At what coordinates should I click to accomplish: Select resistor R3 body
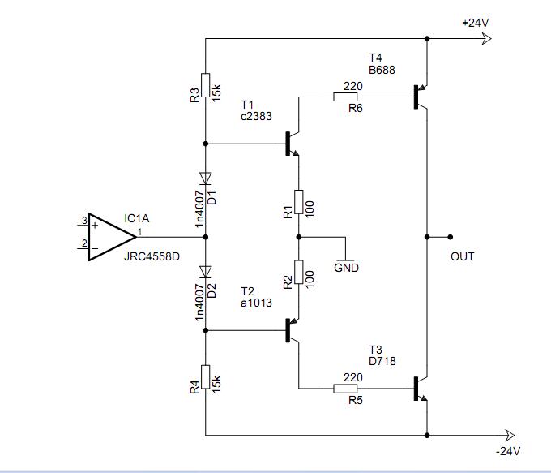tap(206, 85)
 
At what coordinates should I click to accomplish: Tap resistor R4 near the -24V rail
tap(206, 377)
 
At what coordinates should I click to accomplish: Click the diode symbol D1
tap(206, 178)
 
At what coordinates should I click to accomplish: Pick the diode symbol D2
tap(206, 272)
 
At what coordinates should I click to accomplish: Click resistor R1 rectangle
tap(299, 202)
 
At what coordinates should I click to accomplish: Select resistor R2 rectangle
tap(299, 272)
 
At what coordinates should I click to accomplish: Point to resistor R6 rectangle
tap(345, 97)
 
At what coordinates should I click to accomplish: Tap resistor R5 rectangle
tap(345, 389)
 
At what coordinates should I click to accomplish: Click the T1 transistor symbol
tap(292, 144)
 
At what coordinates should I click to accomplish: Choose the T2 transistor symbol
tap(292, 330)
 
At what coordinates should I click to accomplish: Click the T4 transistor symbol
tap(421, 97)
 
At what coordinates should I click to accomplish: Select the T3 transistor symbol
tap(421, 389)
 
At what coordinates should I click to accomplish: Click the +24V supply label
tap(475, 23)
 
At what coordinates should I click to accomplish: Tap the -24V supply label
tap(508, 451)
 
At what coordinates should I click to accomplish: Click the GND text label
tap(346, 268)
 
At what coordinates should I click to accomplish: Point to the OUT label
tap(462, 256)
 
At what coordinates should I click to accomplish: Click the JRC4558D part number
tap(152, 256)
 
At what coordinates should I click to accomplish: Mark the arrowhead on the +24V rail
tap(486, 38)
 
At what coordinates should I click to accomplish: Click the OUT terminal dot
tap(451, 237)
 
